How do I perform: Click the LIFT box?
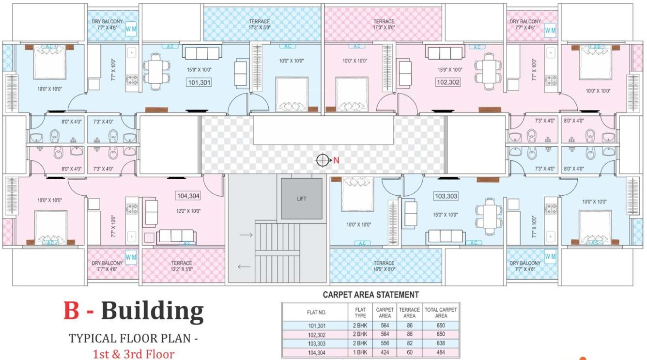click(x=302, y=199)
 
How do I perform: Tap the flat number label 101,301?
click(x=199, y=82)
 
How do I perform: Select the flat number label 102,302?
click(x=448, y=82)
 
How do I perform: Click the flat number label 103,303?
click(x=446, y=196)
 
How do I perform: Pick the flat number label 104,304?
click(x=188, y=196)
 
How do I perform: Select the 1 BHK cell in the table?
click(x=360, y=352)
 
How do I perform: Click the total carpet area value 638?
click(x=440, y=343)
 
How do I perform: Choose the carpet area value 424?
click(x=385, y=352)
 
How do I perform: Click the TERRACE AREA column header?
click(x=409, y=313)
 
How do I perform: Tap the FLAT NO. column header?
click(x=316, y=313)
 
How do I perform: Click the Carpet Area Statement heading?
click(x=370, y=295)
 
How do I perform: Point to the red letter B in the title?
click(x=71, y=311)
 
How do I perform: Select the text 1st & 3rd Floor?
click(x=133, y=354)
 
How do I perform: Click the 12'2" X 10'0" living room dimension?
click(x=188, y=211)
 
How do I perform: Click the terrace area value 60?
click(x=409, y=352)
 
